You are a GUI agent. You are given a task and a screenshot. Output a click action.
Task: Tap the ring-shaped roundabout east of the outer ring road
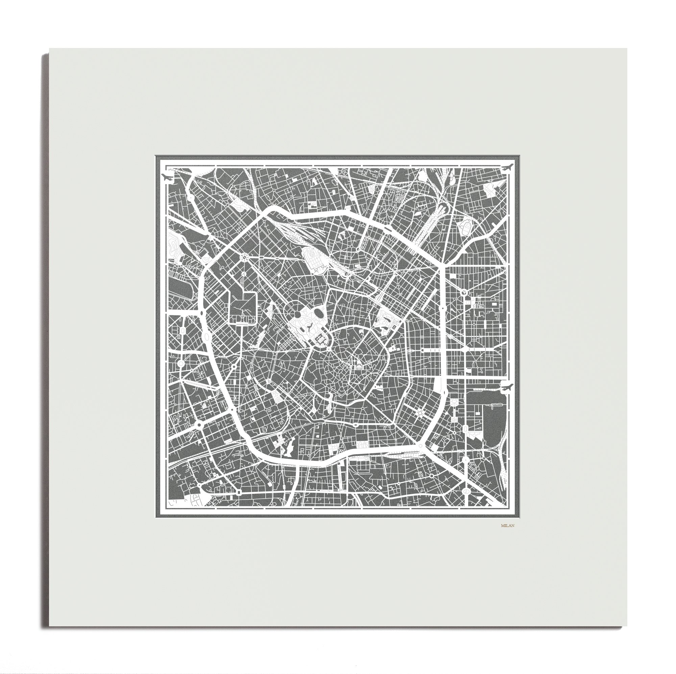click(464, 292)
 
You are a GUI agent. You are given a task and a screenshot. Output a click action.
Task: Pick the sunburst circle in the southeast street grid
click(419, 414)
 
